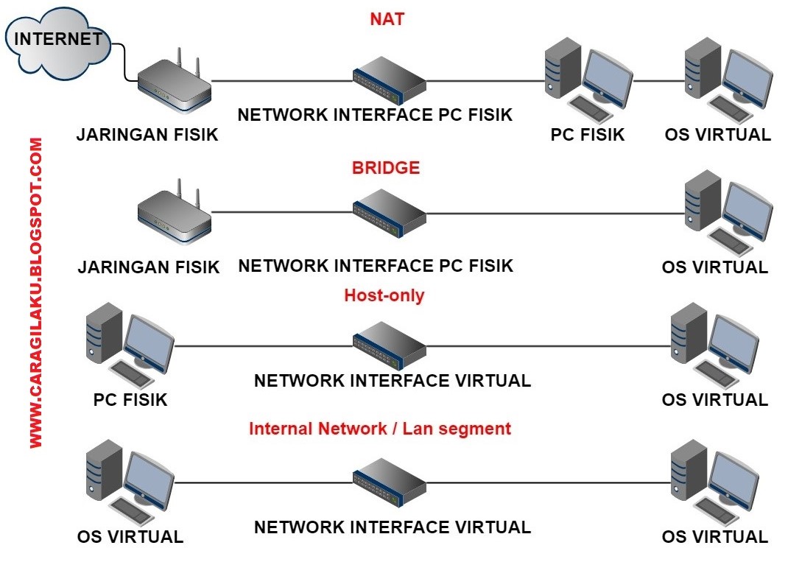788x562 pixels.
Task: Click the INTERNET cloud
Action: tap(58, 41)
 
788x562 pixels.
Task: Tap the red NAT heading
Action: tap(387, 19)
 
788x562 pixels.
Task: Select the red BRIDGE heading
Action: tap(386, 168)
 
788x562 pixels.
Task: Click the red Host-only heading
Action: tap(384, 296)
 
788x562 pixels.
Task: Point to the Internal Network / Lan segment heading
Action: tap(380, 428)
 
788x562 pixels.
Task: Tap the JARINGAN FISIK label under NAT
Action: tap(148, 135)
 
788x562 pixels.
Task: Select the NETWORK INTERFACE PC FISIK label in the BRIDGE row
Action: tap(376, 266)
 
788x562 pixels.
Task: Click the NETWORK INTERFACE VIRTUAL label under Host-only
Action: tap(392, 381)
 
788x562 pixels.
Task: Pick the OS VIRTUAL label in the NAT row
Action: tap(717, 135)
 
